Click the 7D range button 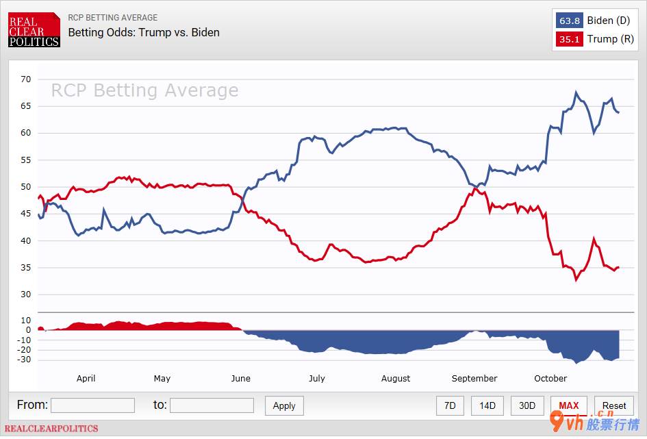pos(450,405)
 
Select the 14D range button pos(487,405)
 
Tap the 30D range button pos(527,405)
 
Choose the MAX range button pos(568,405)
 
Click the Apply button pos(284,405)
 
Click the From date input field pos(92,405)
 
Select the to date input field pos(212,405)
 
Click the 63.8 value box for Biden pos(570,21)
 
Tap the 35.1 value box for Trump pos(570,39)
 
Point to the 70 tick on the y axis pos(25,79)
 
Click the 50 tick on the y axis pos(25,187)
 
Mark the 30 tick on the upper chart pos(25,294)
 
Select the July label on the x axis pos(316,378)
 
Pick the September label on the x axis pos(474,378)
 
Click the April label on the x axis pos(86,378)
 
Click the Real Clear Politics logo pos(34,30)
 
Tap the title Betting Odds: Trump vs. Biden pos(144,32)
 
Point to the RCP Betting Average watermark pos(144,90)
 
